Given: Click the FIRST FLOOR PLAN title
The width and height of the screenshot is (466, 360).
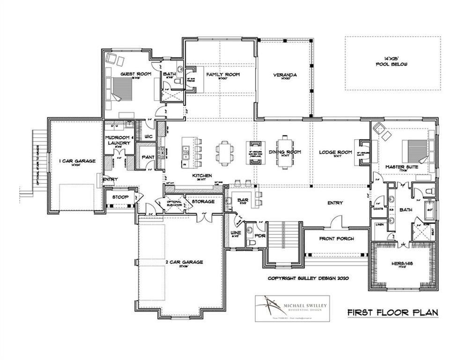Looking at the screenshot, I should pos(392,312).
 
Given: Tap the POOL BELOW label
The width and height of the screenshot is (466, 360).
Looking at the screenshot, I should pos(392,64).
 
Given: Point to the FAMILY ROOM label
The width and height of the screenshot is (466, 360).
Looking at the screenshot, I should pos(223,75).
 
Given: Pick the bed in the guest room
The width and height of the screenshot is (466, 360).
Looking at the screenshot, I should pos(123,89).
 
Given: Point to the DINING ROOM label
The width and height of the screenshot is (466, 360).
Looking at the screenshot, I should pos(285,152).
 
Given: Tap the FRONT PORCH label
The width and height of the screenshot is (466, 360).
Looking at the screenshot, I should pos(336,239).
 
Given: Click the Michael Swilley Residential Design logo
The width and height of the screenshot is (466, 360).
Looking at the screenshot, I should pos(290,308).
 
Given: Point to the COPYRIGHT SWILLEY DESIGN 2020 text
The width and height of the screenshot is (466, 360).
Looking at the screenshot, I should pos(310,277).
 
